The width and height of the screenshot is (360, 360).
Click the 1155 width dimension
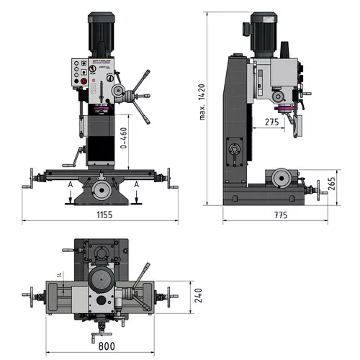pos(100,215)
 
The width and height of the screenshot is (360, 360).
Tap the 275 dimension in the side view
pos(271,122)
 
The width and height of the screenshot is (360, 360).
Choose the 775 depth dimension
pos(280,215)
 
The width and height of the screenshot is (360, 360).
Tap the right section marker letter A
pos(135,185)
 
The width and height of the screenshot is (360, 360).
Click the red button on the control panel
pos(82,83)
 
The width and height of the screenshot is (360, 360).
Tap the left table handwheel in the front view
pos(30,178)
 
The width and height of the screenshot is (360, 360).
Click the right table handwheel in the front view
pos(170,178)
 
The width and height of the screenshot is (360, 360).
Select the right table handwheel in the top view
pos(170,295)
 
